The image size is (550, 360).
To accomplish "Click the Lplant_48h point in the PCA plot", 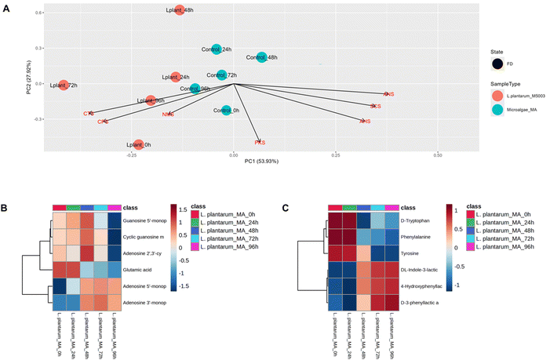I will [x=180, y=11].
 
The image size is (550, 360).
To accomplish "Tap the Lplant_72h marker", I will [x=64, y=84].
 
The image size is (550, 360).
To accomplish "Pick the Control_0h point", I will [x=226, y=111].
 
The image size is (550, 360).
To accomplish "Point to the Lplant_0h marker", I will [x=138, y=144].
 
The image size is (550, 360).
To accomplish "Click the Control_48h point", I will [x=261, y=57].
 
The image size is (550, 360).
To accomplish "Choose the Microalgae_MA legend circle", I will [x=497, y=109].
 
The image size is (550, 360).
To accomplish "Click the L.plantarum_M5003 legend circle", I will [x=497, y=95].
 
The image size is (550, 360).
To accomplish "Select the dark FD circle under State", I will [x=497, y=64].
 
